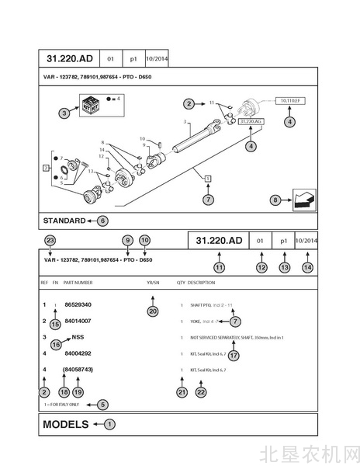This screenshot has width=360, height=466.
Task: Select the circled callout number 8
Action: coord(275,200)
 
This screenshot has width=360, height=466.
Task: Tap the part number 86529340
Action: coord(78,304)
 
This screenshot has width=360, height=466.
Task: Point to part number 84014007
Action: coord(78,321)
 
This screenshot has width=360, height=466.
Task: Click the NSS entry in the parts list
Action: coord(78,337)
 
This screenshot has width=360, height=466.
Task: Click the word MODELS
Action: coord(66,424)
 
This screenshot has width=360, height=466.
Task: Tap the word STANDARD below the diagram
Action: coord(64,221)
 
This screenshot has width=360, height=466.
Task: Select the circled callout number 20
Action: coord(153,311)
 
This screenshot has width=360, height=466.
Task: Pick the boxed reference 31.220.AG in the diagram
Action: coord(251,122)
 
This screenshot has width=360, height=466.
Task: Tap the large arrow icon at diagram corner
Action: coord(303,200)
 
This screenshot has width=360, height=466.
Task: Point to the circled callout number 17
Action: coord(234,355)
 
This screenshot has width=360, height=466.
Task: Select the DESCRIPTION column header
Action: coord(202,283)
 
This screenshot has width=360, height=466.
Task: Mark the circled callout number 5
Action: coord(103,404)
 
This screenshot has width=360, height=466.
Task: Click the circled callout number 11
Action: coord(219,267)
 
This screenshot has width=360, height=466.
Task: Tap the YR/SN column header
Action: coord(153,283)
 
